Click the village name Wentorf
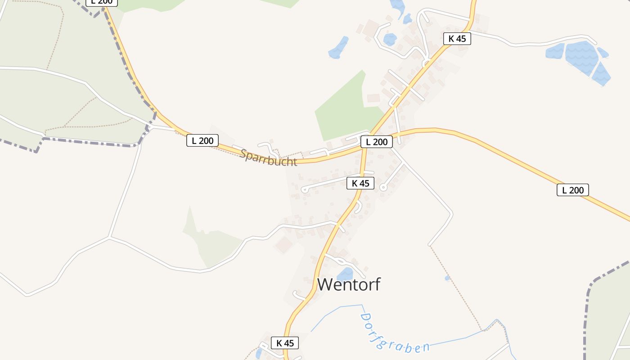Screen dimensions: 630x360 349,284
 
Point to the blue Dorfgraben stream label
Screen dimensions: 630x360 394,333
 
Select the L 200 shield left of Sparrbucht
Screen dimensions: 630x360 202,140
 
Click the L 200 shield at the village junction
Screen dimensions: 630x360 377,142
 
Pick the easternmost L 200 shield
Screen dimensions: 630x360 573,190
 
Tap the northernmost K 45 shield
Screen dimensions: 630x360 457,39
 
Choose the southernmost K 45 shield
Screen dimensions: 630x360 285,343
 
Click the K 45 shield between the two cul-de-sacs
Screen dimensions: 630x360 360,183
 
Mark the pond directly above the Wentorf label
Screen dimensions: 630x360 345,274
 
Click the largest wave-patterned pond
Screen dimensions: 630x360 581,57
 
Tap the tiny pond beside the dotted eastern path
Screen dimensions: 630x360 447,278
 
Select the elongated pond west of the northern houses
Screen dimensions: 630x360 338,48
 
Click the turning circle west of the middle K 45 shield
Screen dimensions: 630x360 305,189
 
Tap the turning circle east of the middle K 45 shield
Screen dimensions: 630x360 383,187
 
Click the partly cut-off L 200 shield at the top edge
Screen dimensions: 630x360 102,2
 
